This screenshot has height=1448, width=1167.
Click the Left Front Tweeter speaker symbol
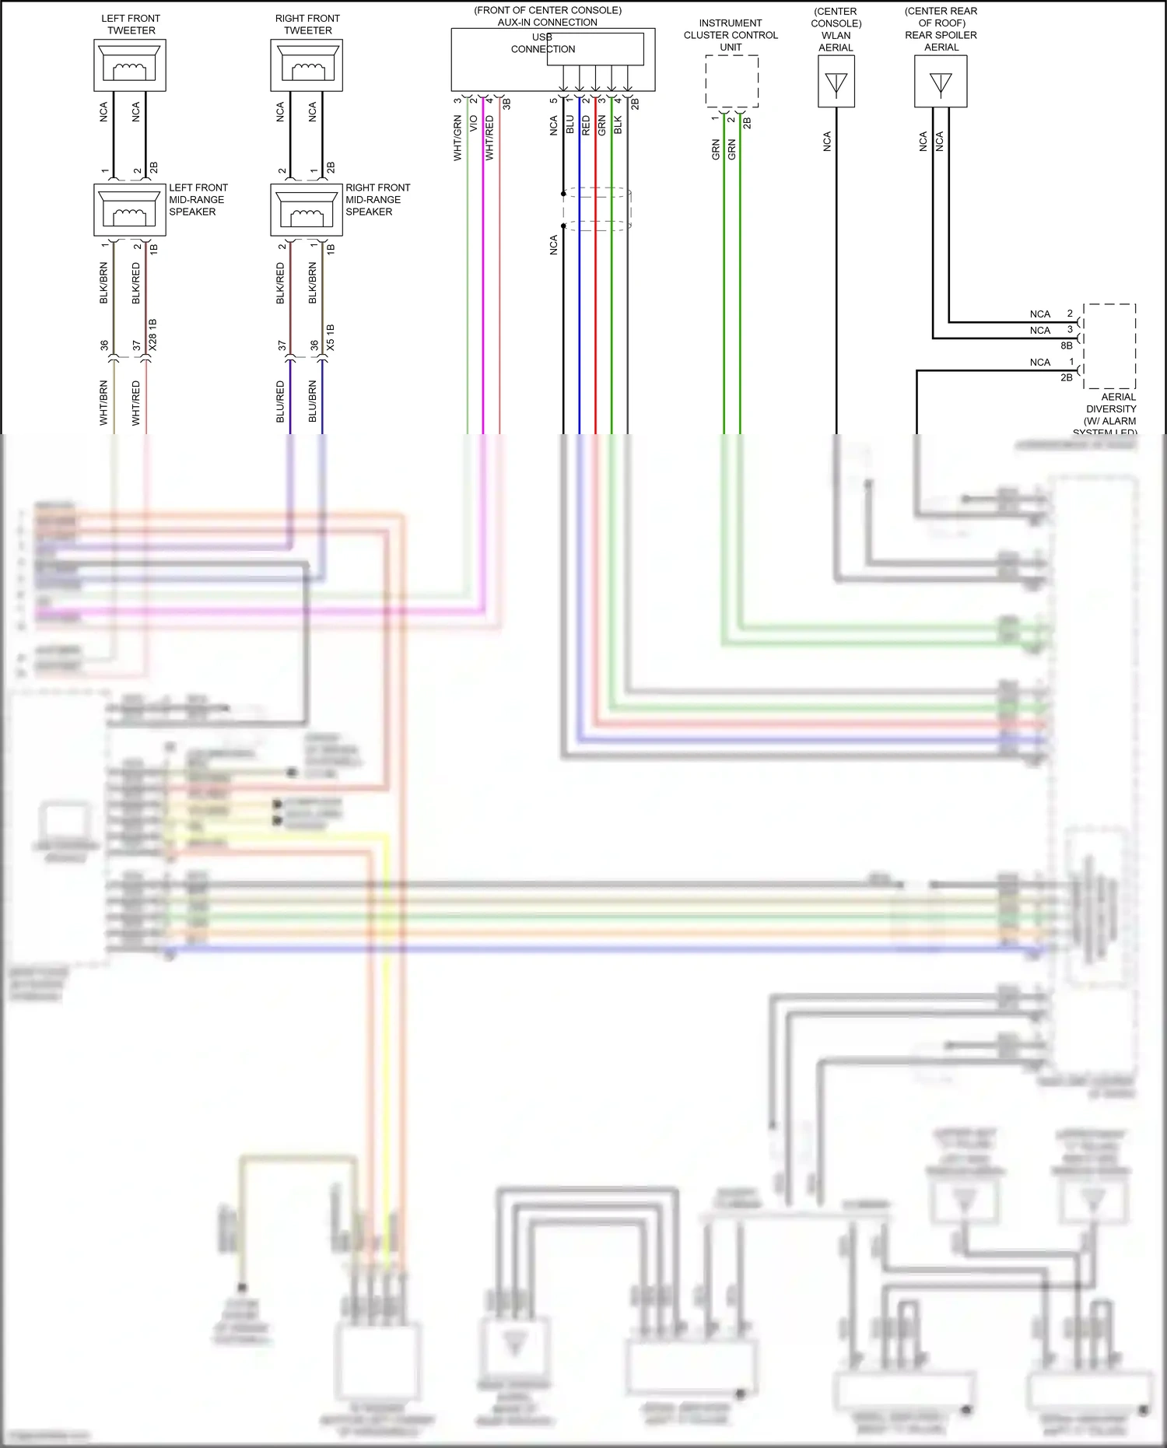coord(130,65)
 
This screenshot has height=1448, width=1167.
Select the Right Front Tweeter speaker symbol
coord(307,65)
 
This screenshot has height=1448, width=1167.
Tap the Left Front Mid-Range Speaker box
coord(130,209)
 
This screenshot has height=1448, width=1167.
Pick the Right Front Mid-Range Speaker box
coord(307,209)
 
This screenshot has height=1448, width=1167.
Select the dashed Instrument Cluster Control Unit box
coord(731,81)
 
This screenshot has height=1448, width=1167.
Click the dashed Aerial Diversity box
coord(1109,346)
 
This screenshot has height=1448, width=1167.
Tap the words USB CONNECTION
coord(543,43)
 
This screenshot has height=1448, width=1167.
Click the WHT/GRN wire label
coord(457,138)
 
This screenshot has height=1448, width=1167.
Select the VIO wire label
coord(473,124)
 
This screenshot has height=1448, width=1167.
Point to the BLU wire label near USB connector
coord(569,124)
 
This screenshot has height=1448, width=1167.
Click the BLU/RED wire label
coord(280,401)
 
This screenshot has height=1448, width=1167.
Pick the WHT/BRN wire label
coord(103,402)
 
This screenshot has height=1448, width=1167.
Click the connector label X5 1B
coord(331,337)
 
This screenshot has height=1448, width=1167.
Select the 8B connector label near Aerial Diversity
coord(1066,345)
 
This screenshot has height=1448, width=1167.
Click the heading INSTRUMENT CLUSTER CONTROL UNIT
coord(731,35)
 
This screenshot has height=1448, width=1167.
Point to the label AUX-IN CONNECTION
coord(548,22)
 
